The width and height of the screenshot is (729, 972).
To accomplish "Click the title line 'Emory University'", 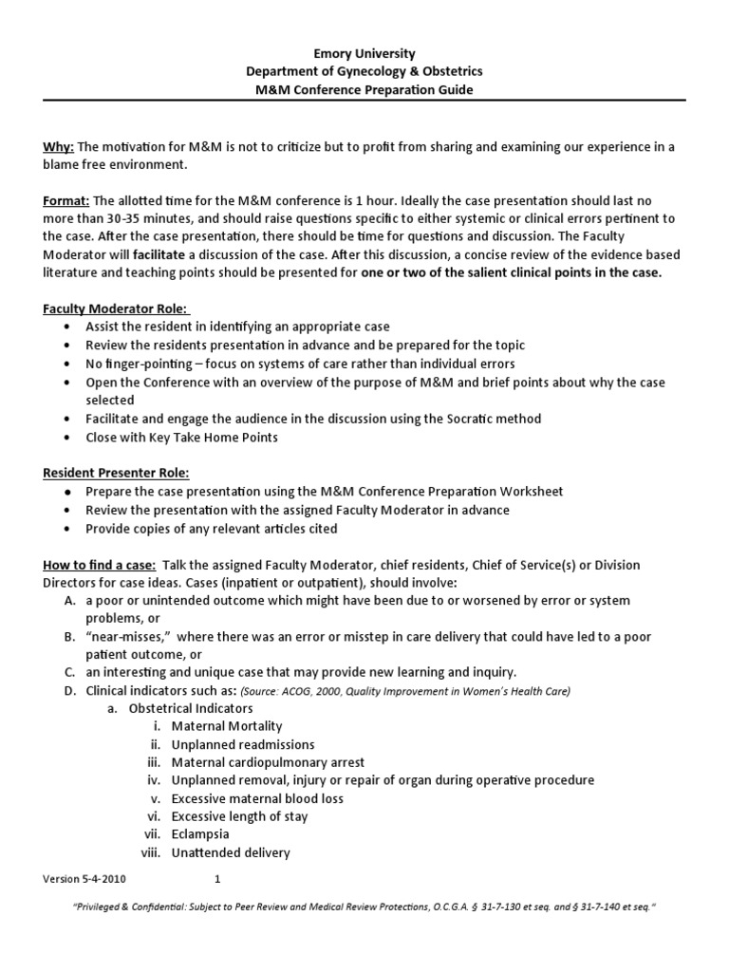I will pyautogui.click(x=364, y=54).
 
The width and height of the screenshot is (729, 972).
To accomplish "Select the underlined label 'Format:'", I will pyautogui.click(x=65, y=200).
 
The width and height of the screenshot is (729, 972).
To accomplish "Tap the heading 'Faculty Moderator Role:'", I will pyautogui.click(x=116, y=309).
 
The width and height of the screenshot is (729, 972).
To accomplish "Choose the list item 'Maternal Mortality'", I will pyautogui.click(x=227, y=726).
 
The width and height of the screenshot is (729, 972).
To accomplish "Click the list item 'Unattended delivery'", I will pyautogui.click(x=231, y=852).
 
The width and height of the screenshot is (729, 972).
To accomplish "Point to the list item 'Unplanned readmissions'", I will pyautogui.click(x=243, y=744).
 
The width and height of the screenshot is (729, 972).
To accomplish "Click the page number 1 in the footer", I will pyautogui.click(x=217, y=879).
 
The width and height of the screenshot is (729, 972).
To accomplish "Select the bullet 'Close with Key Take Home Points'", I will pyautogui.click(x=182, y=437).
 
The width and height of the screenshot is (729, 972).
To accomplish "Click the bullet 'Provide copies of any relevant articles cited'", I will pyautogui.click(x=211, y=528).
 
